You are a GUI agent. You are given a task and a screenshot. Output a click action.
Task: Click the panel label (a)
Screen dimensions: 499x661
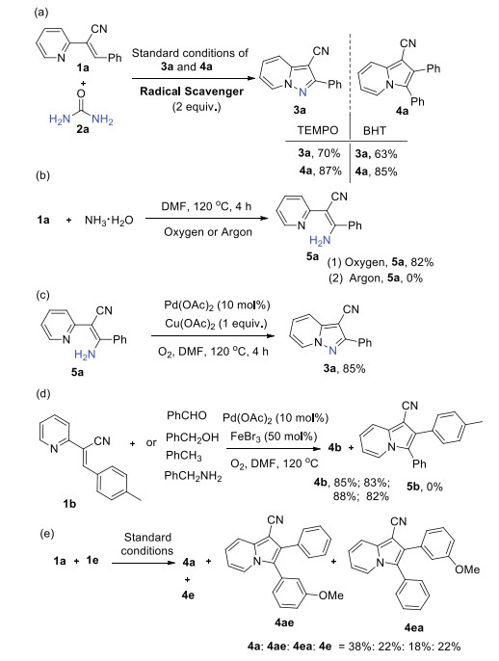[x=41, y=13]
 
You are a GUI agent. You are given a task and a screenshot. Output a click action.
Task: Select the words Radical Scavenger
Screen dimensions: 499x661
[x=192, y=92]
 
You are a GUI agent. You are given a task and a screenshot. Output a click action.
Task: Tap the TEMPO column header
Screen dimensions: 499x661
[x=318, y=130]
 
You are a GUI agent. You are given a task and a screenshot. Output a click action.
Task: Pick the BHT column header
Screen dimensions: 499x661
[x=374, y=131]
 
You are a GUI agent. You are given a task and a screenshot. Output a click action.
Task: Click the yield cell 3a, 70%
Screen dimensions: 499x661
[x=319, y=152]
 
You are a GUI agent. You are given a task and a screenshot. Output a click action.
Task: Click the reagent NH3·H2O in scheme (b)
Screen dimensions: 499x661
[x=109, y=220]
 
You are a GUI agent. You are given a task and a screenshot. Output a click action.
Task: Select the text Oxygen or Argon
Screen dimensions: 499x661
[x=208, y=232]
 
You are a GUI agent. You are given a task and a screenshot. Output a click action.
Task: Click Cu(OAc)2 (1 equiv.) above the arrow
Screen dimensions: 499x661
[x=216, y=324]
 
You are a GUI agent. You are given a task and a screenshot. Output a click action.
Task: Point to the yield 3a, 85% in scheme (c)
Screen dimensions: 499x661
[x=344, y=368]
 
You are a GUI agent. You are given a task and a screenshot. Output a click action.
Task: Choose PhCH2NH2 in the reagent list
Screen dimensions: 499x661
[x=193, y=476]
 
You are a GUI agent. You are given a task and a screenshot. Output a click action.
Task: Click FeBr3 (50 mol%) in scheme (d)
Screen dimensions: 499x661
[x=274, y=436]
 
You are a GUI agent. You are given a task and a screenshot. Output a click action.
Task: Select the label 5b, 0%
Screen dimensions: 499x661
[x=425, y=487]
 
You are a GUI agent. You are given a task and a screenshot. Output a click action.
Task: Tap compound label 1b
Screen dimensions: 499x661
[x=69, y=503]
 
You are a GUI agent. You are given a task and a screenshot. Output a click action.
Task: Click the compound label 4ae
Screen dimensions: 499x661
[x=284, y=622]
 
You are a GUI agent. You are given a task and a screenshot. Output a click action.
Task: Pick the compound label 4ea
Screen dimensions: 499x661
[x=413, y=627]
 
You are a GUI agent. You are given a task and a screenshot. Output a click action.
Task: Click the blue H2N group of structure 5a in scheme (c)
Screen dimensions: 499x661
[x=85, y=355]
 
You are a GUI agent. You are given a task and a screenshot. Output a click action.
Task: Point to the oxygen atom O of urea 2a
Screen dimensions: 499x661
[x=81, y=93]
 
